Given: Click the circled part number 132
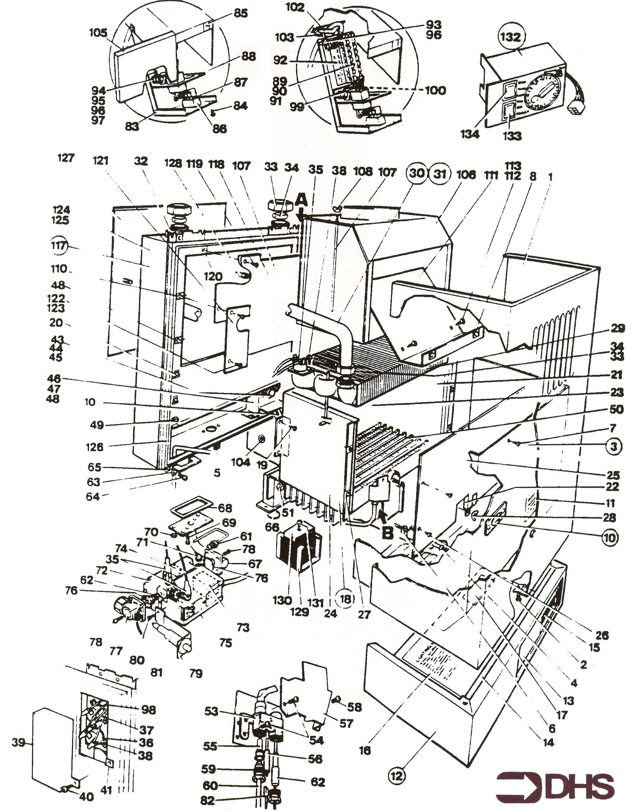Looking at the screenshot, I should [x=511, y=37].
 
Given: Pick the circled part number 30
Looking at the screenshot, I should [x=418, y=173].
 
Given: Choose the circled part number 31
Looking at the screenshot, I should [x=440, y=173].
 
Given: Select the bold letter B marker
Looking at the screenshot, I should [x=387, y=534].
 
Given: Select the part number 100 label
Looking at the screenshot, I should [x=435, y=90].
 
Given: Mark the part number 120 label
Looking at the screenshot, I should [x=213, y=276].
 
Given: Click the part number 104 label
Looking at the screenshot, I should [x=241, y=462].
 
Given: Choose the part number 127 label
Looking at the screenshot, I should [x=66, y=158].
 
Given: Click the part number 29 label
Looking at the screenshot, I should [x=617, y=328].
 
